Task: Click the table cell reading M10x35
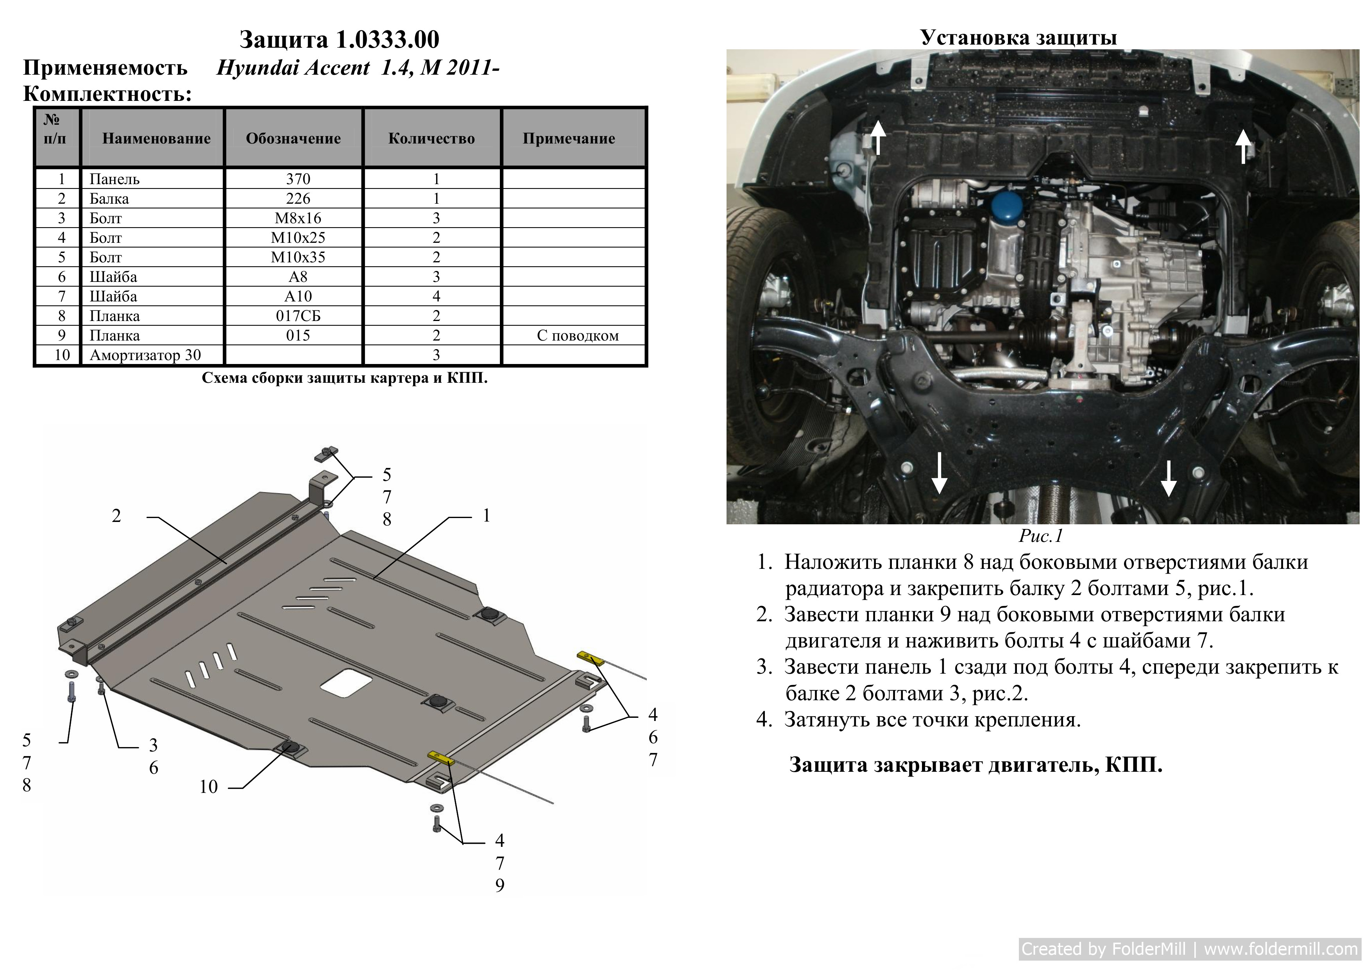[298, 257]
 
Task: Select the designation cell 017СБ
[298, 316]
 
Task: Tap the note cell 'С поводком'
[577, 336]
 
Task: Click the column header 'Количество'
[432, 138]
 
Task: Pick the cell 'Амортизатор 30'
[145, 355]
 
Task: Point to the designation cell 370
[298, 179]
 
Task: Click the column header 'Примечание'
[569, 138]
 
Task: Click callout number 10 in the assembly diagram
[208, 787]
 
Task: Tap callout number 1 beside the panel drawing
[487, 515]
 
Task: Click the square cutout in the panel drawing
[346, 683]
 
